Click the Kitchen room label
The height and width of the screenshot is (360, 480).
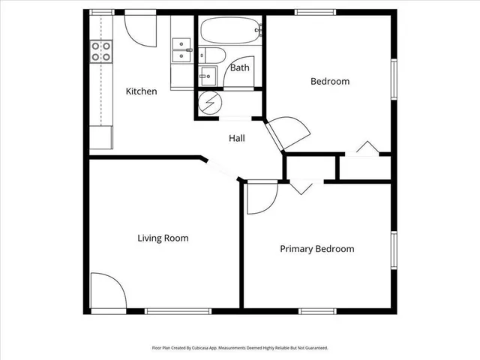pos(141,91)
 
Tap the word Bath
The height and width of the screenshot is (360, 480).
pos(239,67)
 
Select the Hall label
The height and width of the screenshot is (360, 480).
pos(236,138)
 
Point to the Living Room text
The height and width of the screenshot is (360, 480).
pos(163,238)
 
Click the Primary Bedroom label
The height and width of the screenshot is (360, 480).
pos(316,249)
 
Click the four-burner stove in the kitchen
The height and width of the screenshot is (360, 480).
pos(100,51)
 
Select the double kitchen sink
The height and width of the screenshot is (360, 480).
pos(181,50)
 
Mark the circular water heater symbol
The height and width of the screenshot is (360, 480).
pos(207,103)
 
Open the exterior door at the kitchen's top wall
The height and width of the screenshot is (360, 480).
pos(139,27)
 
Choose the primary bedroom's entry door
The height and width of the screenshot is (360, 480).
pos(262,196)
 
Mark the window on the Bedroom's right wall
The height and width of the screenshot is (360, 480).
pos(394,79)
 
